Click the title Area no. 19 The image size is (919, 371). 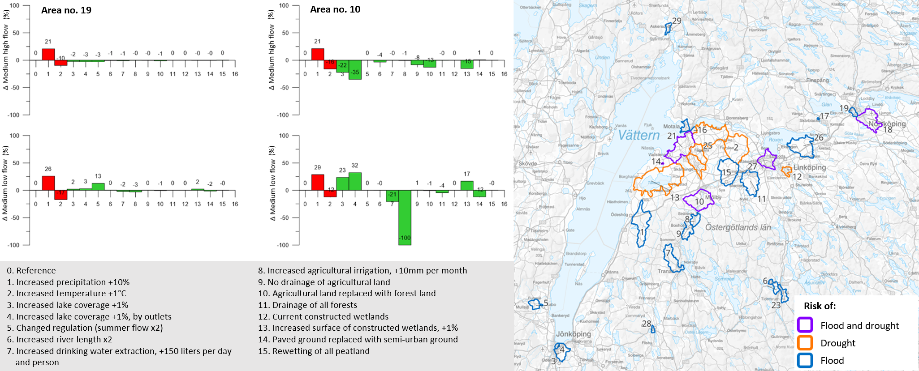(66, 10)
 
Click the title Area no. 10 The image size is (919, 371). (335, 9)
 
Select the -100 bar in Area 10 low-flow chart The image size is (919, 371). (405, 217)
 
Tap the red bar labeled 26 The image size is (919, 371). (48, 183)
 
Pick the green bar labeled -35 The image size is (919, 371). (355, 70)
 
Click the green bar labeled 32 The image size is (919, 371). (355, 181)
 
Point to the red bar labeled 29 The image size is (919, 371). (317, 182)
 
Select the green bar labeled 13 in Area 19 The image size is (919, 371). (98, 187)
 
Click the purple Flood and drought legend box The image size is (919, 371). (805, 325)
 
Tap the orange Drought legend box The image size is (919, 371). (805, 343)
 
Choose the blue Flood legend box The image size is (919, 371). (805, 360)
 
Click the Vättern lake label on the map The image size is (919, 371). (639, 135)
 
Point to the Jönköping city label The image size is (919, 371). (573, 334)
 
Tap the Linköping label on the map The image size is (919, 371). (810, 167)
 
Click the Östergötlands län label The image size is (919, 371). (738, 227)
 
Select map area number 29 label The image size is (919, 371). (677, 21)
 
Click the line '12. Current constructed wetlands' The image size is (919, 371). (323, 316)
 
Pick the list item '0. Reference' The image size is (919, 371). (31, 270)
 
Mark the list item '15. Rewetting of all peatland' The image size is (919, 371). (314, 351)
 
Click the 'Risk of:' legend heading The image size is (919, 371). (820, 306)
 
